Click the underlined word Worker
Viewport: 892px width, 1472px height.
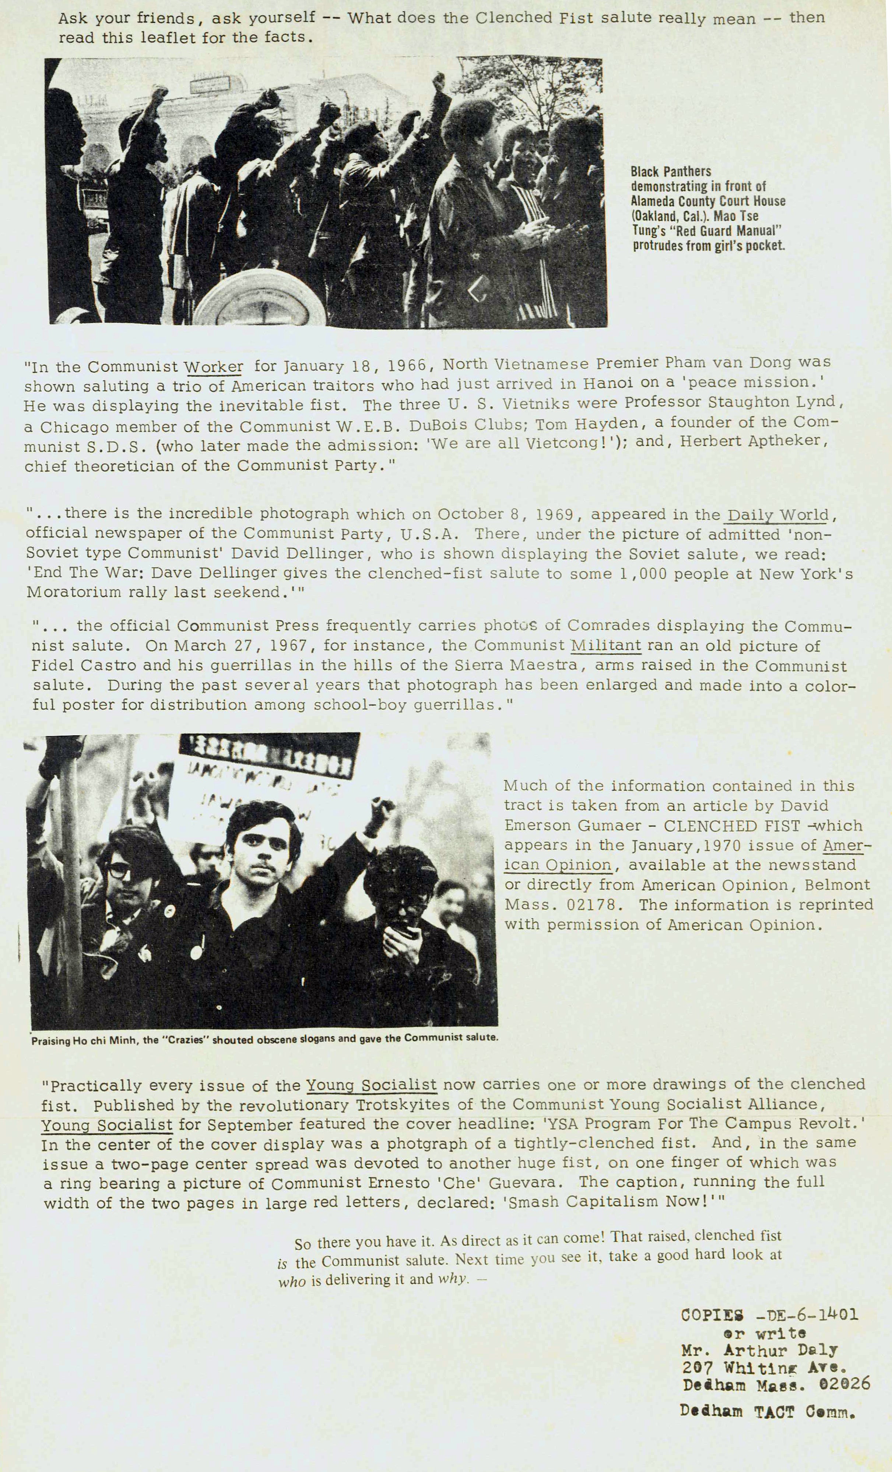tap(213, 367)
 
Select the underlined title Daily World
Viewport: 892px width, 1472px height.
tap(779, 515)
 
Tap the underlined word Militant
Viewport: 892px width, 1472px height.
tap(607, 645)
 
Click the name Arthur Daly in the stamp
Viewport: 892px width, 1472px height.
tap(780, 1350)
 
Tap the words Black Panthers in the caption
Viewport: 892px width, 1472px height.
tap(670, 172)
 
